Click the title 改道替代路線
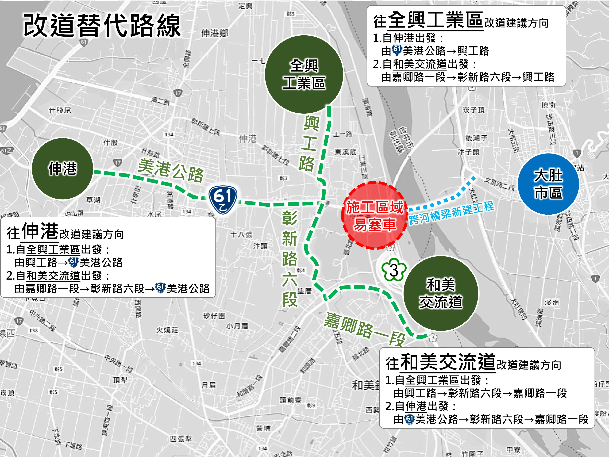click(102, 26)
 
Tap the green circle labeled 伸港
click(62, 169)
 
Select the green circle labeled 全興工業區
click(304, 74)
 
